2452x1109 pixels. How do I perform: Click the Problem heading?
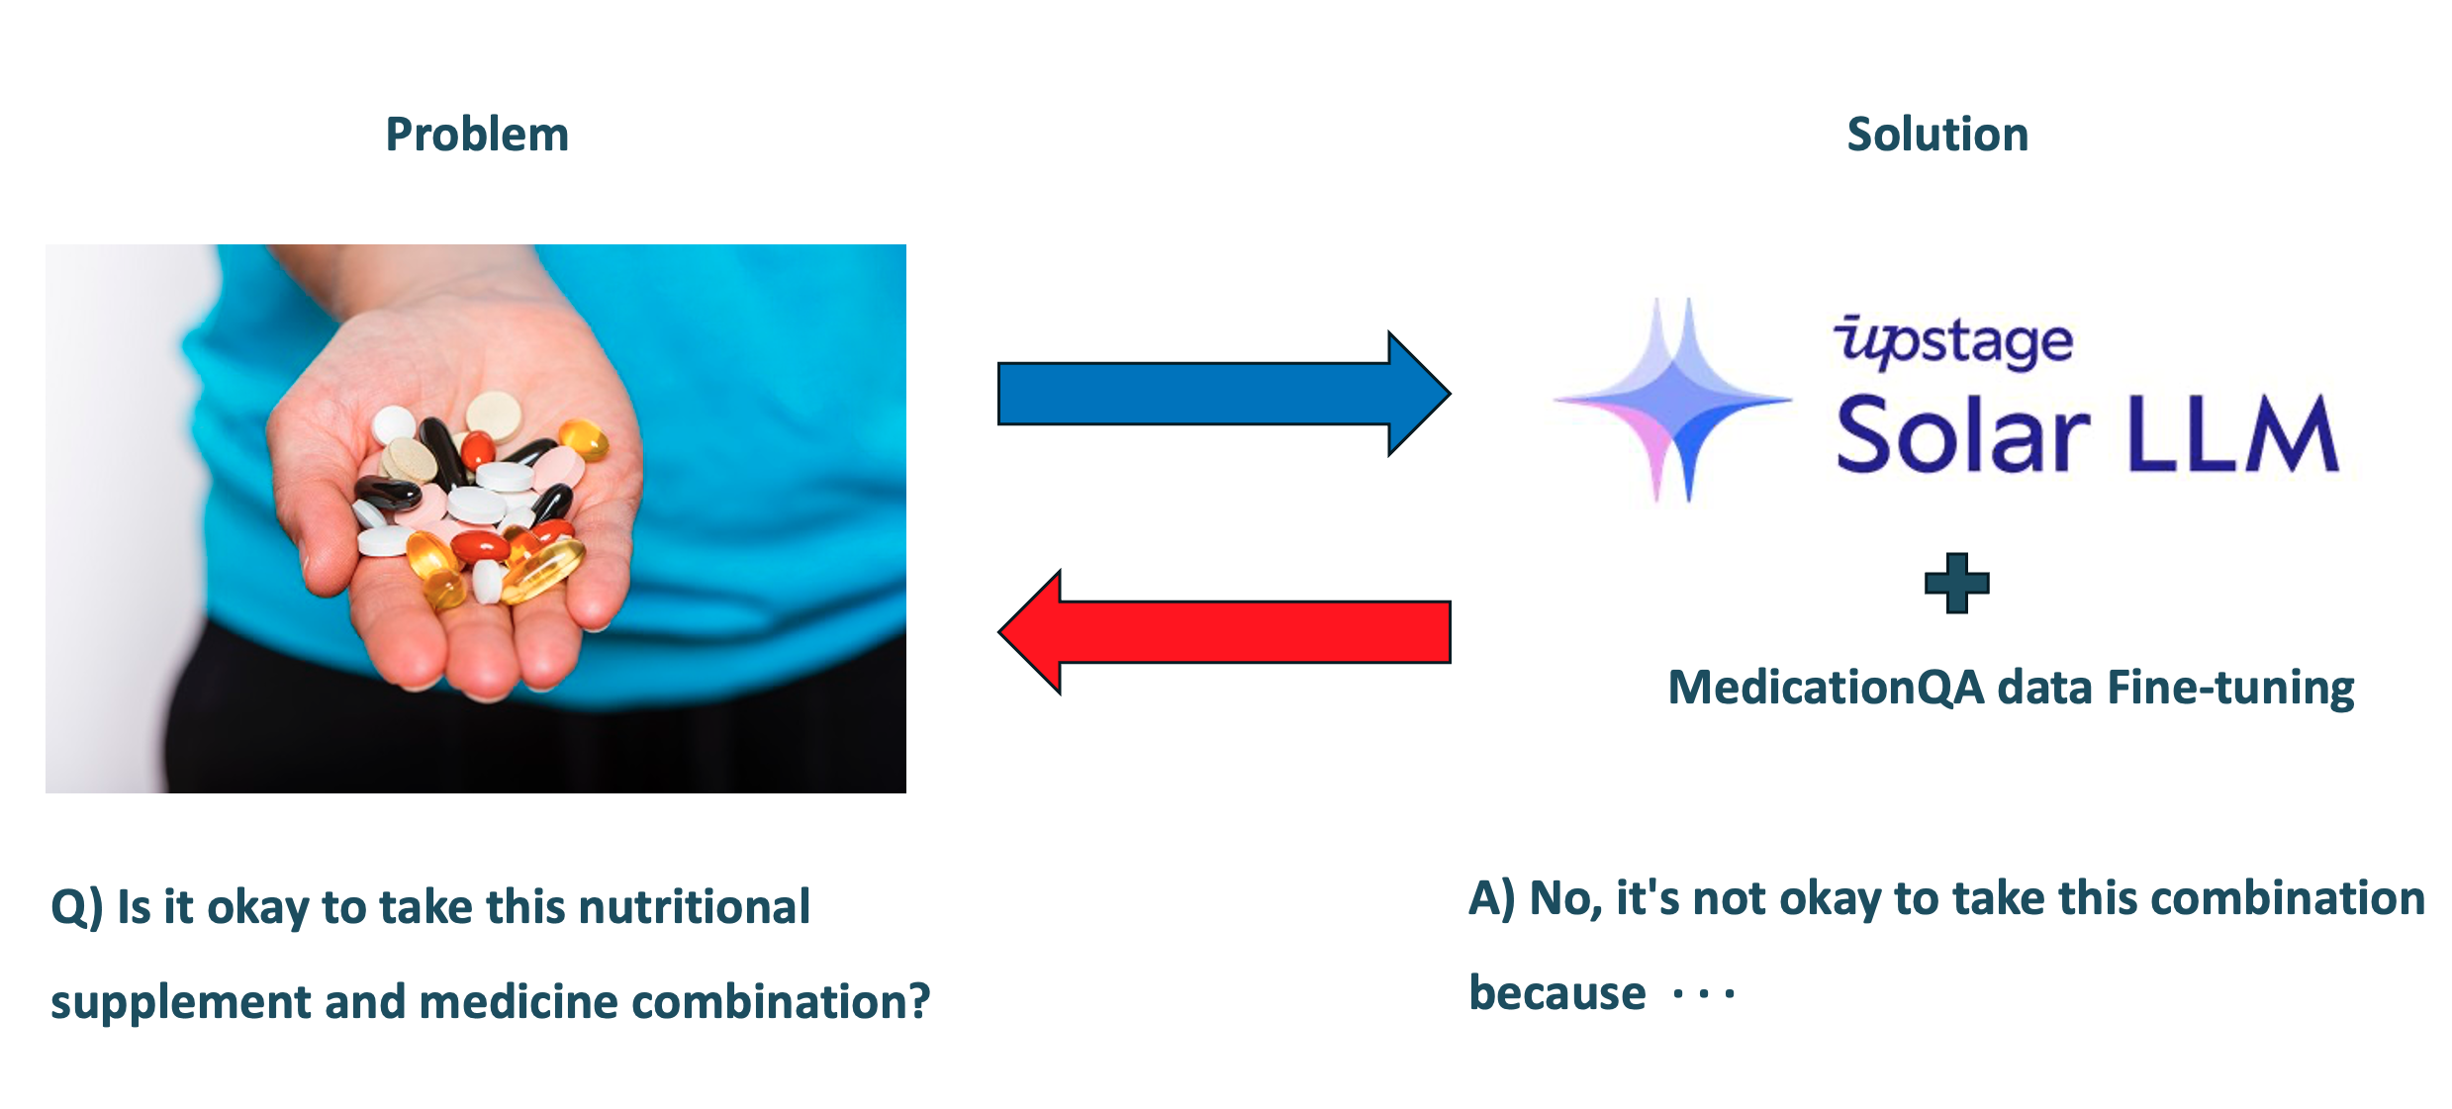click(x=477, y=135)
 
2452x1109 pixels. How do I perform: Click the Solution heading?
click(x=1937, y=135)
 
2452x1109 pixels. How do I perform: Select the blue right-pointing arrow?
click(x=1224, y=394)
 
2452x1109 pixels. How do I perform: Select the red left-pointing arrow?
click(x=1224, y=632)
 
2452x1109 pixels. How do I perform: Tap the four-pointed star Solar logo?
click(x=1673, y=401)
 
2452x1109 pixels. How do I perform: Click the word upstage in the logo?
click(x=1953, y=341)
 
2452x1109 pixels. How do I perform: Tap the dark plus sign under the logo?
click(x=1956, y=583)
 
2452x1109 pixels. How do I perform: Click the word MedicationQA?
click(x=1827, y=688)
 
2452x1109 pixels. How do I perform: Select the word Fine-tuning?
click(x=2230, y=689)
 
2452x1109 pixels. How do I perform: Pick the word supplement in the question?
click(x=179, y=1003)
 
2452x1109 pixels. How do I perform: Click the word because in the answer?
click(x=1557, y=992)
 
